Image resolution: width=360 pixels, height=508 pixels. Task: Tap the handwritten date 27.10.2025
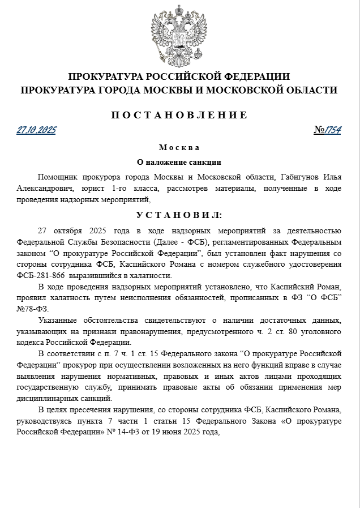[x=36, y=130]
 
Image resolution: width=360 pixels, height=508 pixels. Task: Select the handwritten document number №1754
[x=328, y=130]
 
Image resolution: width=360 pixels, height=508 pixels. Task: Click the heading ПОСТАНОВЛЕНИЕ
[x=179, y=115]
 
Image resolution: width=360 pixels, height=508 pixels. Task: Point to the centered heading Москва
[x=179, y=147]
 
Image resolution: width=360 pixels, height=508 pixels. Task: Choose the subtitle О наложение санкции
[x=179, y=161]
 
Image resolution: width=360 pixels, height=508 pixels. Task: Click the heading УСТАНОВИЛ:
[x=179, y=215]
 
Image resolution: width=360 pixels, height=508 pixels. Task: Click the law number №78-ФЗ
[x=33, y=309]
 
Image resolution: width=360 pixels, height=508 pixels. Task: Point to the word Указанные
[x=59, y=320]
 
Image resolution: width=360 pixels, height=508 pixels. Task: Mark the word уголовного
[x=316, y=331]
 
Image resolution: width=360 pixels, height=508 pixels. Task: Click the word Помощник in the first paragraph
[x=58, y=177]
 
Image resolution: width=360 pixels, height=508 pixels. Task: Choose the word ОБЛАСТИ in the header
[x=311, y=90]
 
